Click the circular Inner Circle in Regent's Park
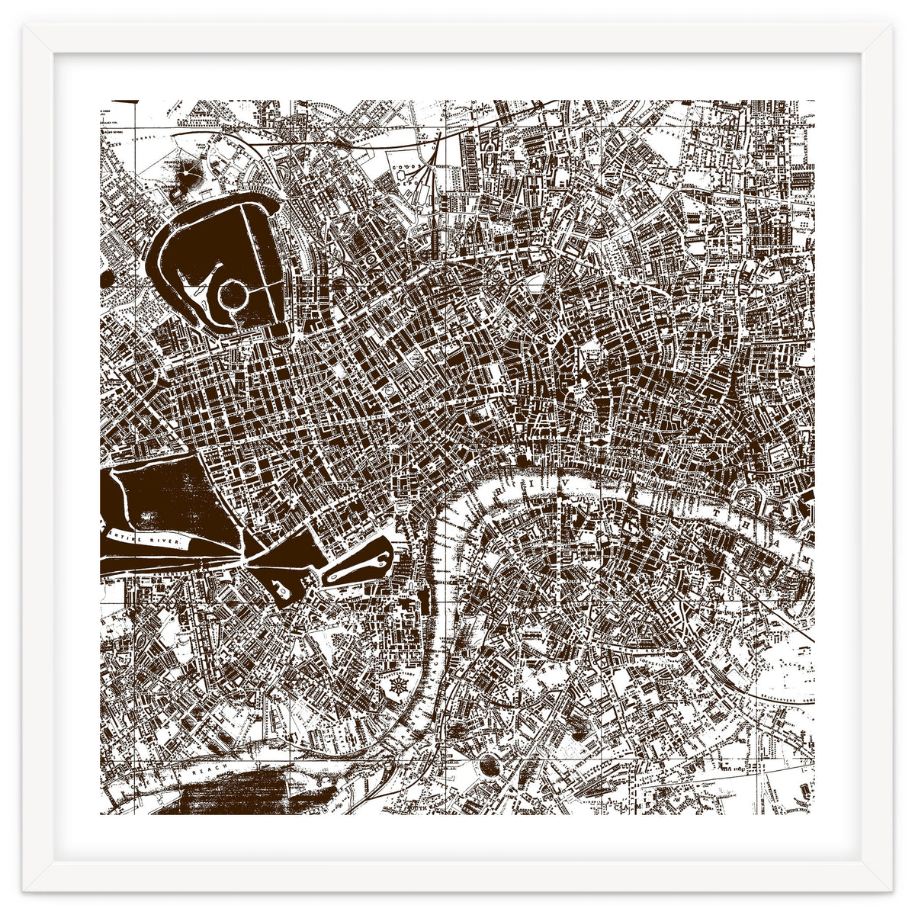coord(231,291)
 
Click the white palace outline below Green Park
coord(280,589)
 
